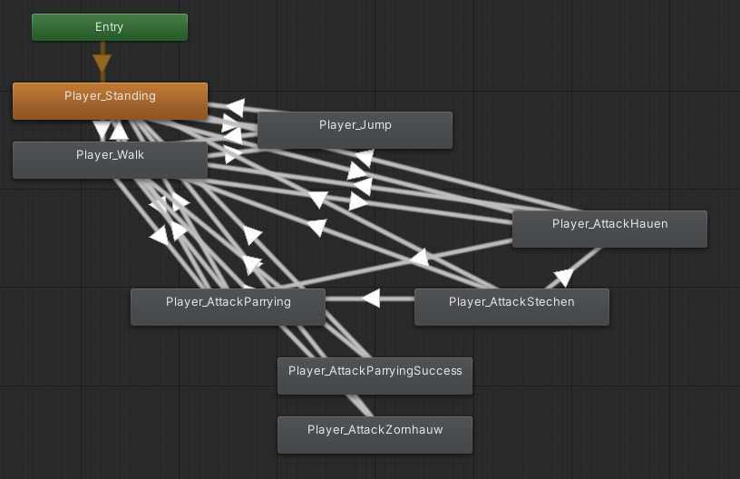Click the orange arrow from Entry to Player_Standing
[x=102, y=64]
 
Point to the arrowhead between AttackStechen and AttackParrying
[x=370, y=298]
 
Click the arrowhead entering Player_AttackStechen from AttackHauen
[x=564, y=277]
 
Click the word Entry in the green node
[x=109, y=27]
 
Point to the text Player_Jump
[x=355, y=125]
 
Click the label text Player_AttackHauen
[x=609, y=224]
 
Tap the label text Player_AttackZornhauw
[x=375, y=430]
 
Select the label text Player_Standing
[x=110, y=96]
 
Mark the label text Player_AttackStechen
[x=511, y=302]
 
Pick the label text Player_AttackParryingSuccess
[x=375, y=371]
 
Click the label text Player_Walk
[x=110, y=155]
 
